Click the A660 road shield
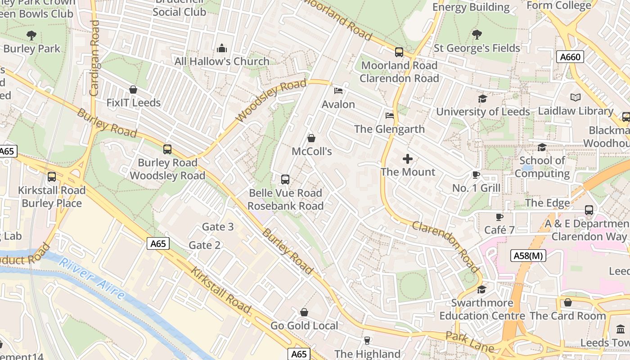570,57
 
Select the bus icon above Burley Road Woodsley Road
167,149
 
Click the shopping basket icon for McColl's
311,138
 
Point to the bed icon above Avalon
338,91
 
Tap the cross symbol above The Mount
408,159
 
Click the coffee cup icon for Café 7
499,217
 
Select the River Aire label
92,279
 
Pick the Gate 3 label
218,226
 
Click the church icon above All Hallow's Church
222,48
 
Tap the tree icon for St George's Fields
477,35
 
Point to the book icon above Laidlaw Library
575,97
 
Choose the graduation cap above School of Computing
542,148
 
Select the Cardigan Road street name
94,58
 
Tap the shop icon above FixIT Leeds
133,90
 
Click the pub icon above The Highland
367,341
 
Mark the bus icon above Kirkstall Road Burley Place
52,177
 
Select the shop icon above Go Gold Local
304,312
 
